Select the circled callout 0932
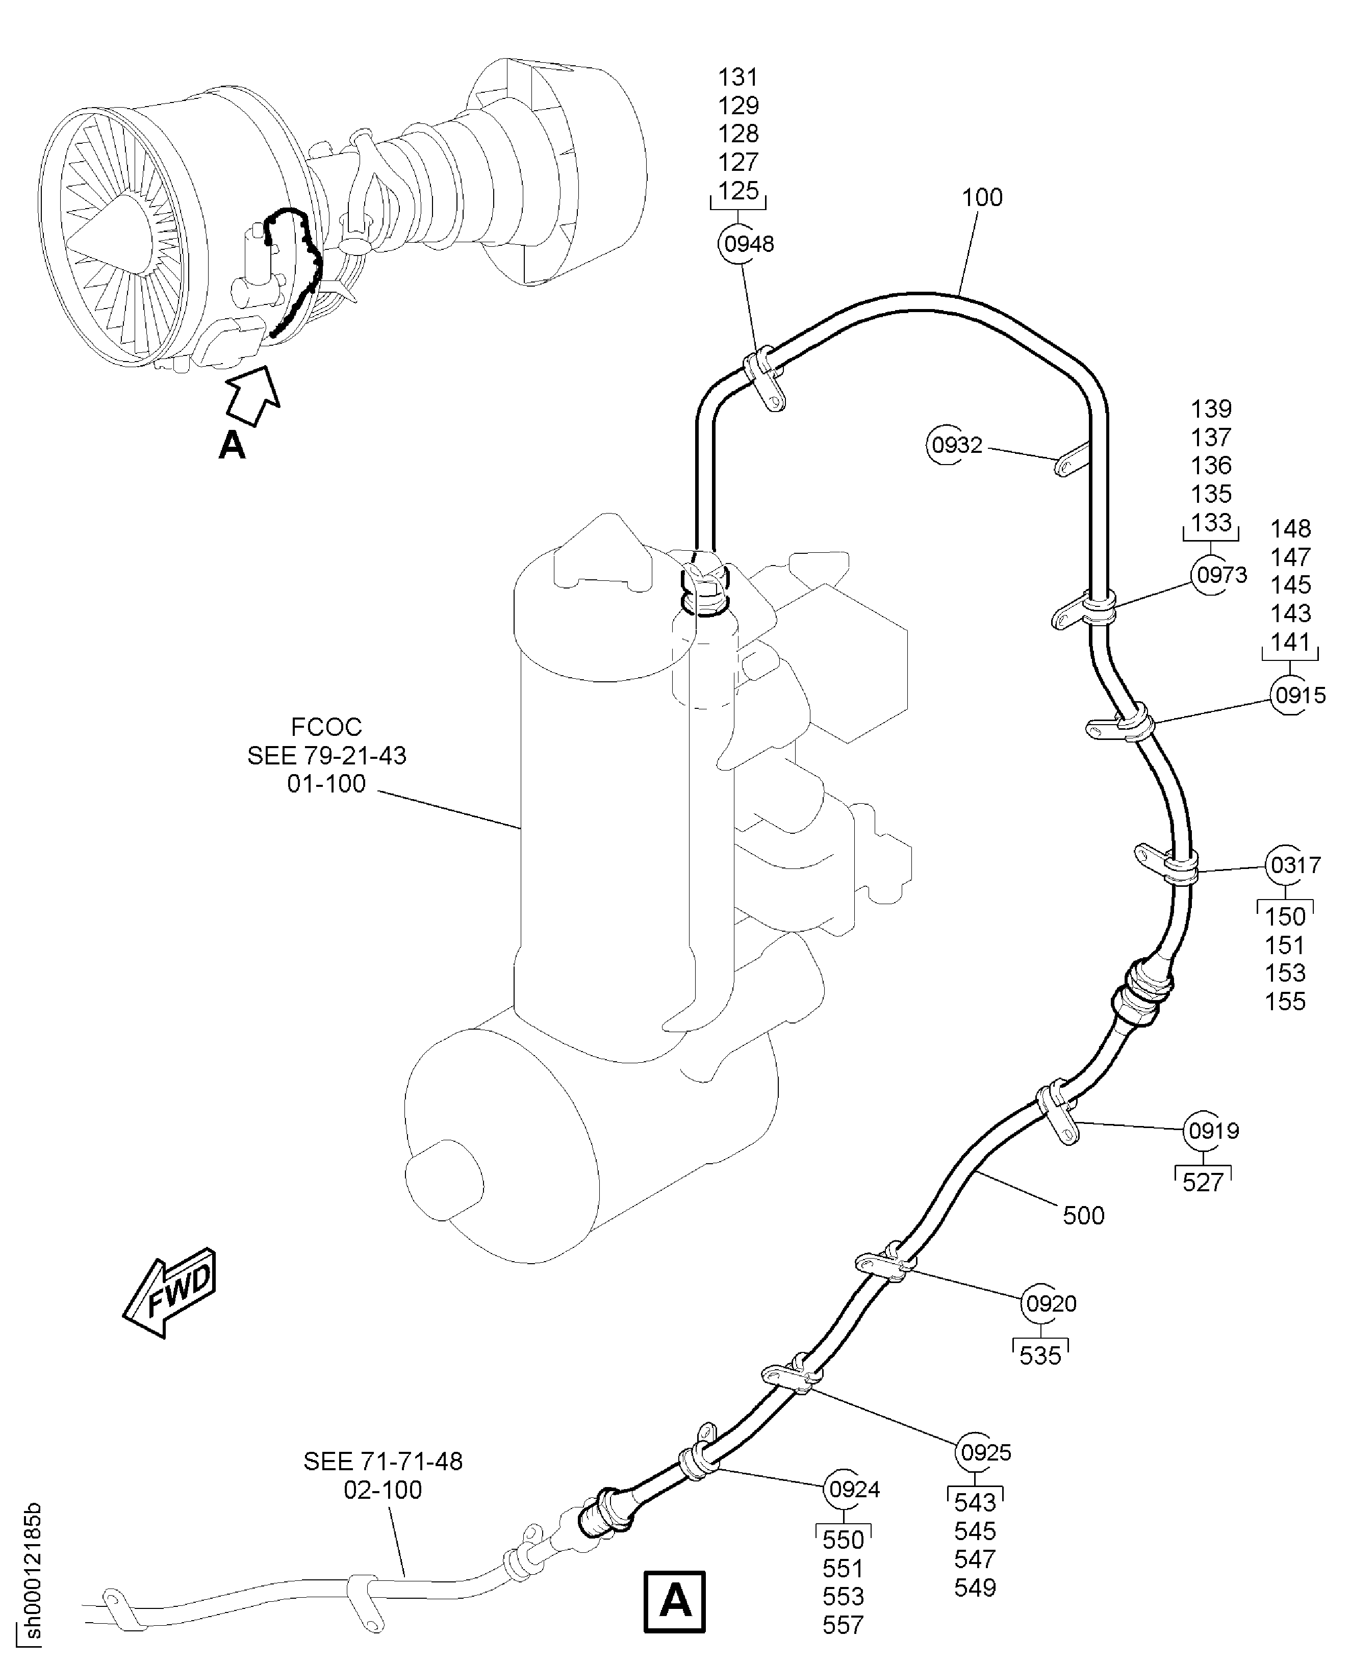(x=956, y=446)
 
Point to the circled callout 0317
(x=1294, y=865)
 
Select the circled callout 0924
(x=854, y=1490)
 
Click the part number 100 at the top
(x=982, y=197)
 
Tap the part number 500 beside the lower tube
(x=1083, y=1215)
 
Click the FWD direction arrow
(x=170, y=1292)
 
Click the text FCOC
(x=326, y=727)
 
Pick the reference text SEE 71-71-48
(x=383, y=1462)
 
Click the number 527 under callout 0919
(x=1202, y=1183)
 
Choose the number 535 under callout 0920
(x=1040, y=1355)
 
